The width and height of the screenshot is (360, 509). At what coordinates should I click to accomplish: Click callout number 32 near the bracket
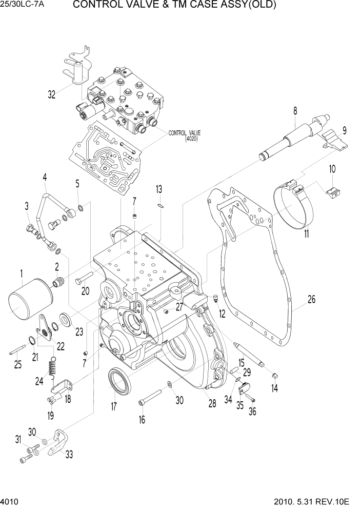pos(52,94)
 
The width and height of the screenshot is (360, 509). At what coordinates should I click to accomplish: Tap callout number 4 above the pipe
pos(45,178)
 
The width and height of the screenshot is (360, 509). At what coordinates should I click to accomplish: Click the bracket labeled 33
pos(59,441)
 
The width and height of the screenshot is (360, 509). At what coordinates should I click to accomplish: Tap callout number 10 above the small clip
pos(332,168)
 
